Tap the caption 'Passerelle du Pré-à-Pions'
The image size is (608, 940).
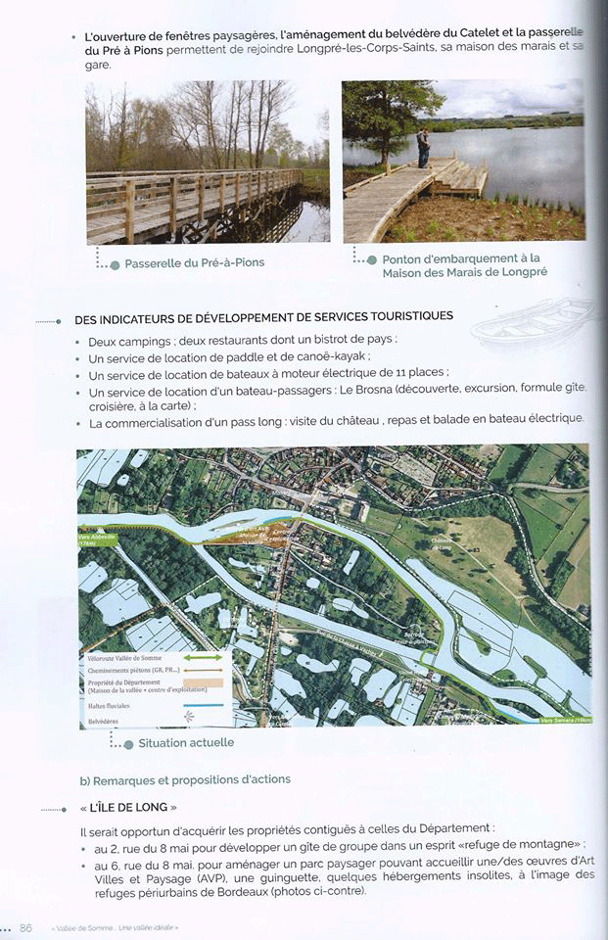pos(194,262)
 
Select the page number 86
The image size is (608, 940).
pos(25,927)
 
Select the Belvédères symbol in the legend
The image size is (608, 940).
pos(190,716)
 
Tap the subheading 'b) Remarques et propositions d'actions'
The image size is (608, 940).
pos(185,779)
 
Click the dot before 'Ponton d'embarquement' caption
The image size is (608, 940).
pos(371,259)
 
